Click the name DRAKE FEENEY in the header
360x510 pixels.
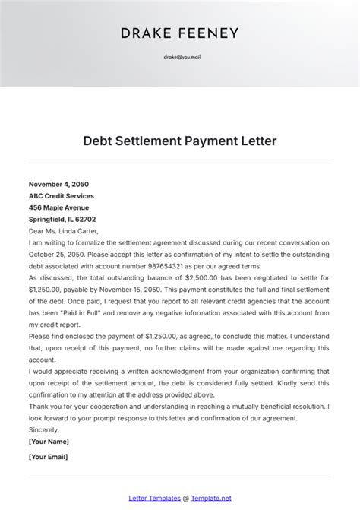pos(179,33)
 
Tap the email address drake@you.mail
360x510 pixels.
pos(180,56)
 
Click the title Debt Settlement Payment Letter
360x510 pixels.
pos(179,141)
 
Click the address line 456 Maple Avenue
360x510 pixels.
pos(58,207)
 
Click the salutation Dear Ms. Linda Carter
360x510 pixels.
pos(64,231)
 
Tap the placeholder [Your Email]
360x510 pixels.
pos(49,456)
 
